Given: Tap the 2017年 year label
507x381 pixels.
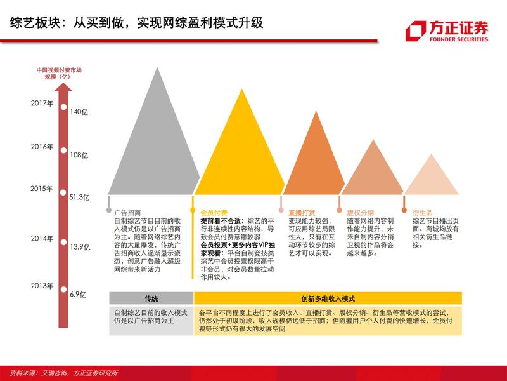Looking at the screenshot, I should (x=42, y=102).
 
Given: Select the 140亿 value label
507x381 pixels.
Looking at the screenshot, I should (x=79, y=112).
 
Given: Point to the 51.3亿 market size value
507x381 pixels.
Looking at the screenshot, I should (x=79, y=197).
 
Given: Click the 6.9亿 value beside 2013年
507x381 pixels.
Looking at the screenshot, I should (x=77, y=295).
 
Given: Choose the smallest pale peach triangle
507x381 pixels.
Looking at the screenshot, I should (x=431, y=178).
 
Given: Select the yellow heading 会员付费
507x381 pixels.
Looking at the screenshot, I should (x=214, y=212).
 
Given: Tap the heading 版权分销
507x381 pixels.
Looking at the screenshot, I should (x=360, y=212).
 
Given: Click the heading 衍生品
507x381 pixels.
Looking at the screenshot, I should (x=422, y=212).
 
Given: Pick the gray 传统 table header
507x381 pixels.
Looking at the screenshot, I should (x=151, y=298).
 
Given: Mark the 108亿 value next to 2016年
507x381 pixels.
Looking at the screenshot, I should (x=79, y=155).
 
